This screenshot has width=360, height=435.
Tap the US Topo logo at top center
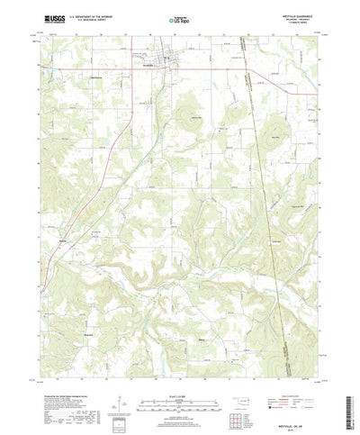pos(179,16)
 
